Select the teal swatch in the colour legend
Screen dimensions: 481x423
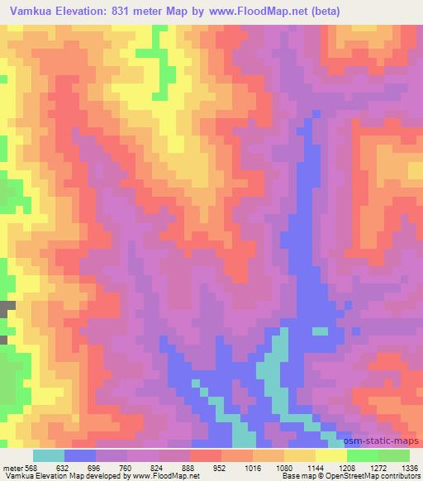click(x=49, y=455)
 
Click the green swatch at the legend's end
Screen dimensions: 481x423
click(x=393, y=455)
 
